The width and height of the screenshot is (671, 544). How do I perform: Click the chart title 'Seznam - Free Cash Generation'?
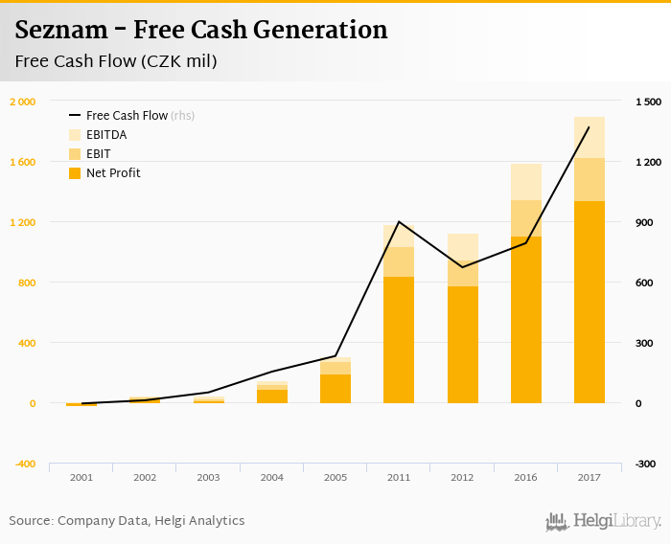click(x=201, y=30)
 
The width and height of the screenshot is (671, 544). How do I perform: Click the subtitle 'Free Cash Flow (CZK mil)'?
click(x=116, y=62)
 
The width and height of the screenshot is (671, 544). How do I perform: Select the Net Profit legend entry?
click(x=113, y=173)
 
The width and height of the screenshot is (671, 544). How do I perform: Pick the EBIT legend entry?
click(x=99, y=153)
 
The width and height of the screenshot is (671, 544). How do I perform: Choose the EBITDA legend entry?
click(x=105, y=134)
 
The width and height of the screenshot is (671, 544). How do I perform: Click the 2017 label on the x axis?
click(x=590, y=476)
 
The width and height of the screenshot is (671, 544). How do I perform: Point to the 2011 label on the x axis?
click(x=399, y=476)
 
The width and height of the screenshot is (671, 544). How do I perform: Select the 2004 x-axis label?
click(x=272, y=476)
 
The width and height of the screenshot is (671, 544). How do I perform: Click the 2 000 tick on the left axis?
click(x=23, y=102)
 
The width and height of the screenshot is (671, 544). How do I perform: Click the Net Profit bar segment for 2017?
click(x=590, y=302)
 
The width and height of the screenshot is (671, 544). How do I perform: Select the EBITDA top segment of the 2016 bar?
click(x=526, y=182)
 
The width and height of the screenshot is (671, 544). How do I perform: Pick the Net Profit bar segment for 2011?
click(x=399, y=340)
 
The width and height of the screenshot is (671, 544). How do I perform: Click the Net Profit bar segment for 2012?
click(x=462, y=345)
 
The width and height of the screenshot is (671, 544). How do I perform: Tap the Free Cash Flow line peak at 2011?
click(x=399, y=221)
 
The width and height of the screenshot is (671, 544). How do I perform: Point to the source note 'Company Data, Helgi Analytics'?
click(x=151, y=521)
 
